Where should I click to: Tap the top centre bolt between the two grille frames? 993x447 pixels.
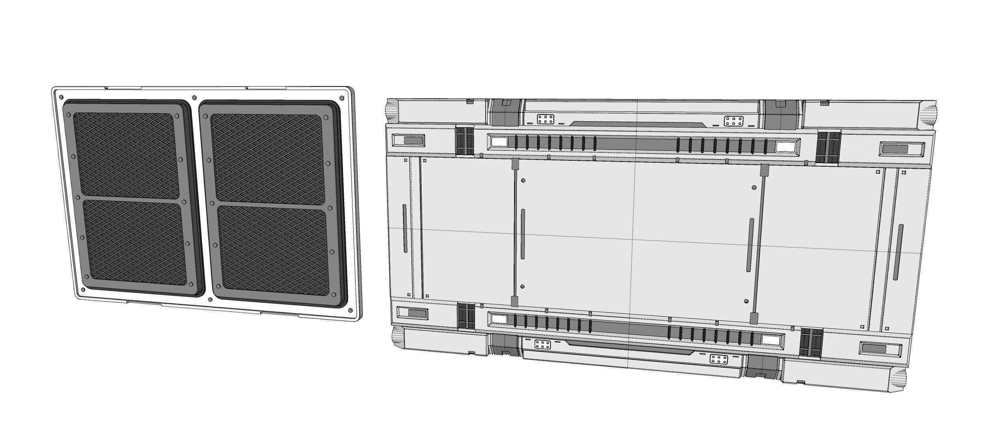click(194, 98)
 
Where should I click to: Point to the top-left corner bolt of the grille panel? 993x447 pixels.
click(61, 97)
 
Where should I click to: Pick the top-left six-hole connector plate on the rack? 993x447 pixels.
click(545, 120)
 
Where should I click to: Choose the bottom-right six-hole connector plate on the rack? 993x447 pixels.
click(719, 359)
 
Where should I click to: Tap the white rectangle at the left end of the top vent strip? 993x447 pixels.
click(499, 141)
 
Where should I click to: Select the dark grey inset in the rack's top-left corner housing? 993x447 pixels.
click(413, 140)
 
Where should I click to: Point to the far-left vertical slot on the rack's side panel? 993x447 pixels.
click(405, 228)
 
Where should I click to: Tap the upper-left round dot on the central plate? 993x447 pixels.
click(523, 180)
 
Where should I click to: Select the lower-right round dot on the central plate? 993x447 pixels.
click(746, 301)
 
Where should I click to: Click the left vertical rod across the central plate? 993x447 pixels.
click(515, 233)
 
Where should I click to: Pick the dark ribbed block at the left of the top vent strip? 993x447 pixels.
click(465, 141)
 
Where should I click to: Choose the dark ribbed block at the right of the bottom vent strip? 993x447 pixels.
click(811, 342)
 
